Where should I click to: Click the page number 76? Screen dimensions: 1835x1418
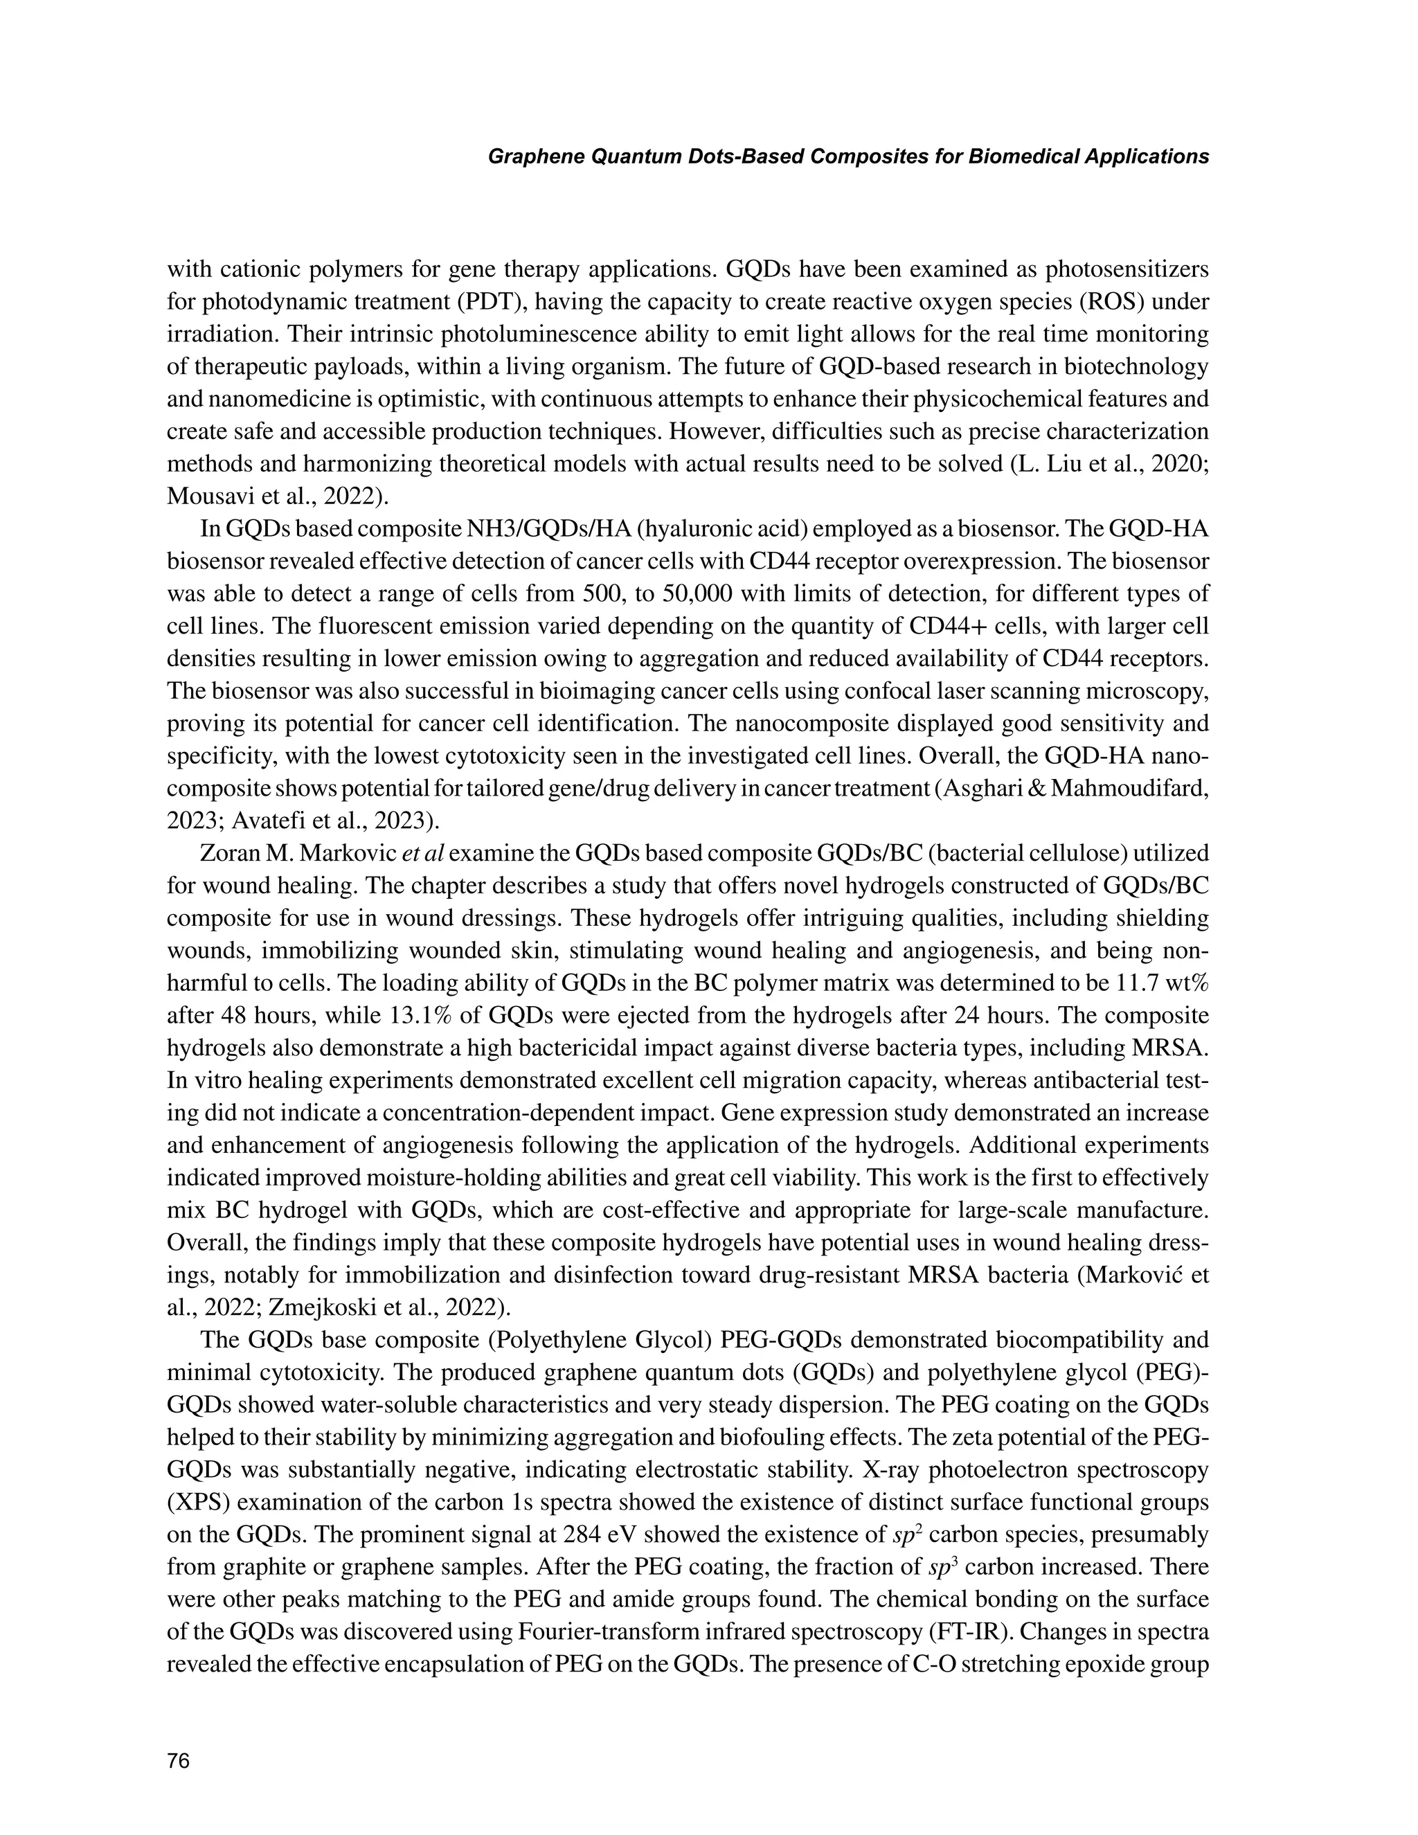pyautogui.click(x=179, y=1760)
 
